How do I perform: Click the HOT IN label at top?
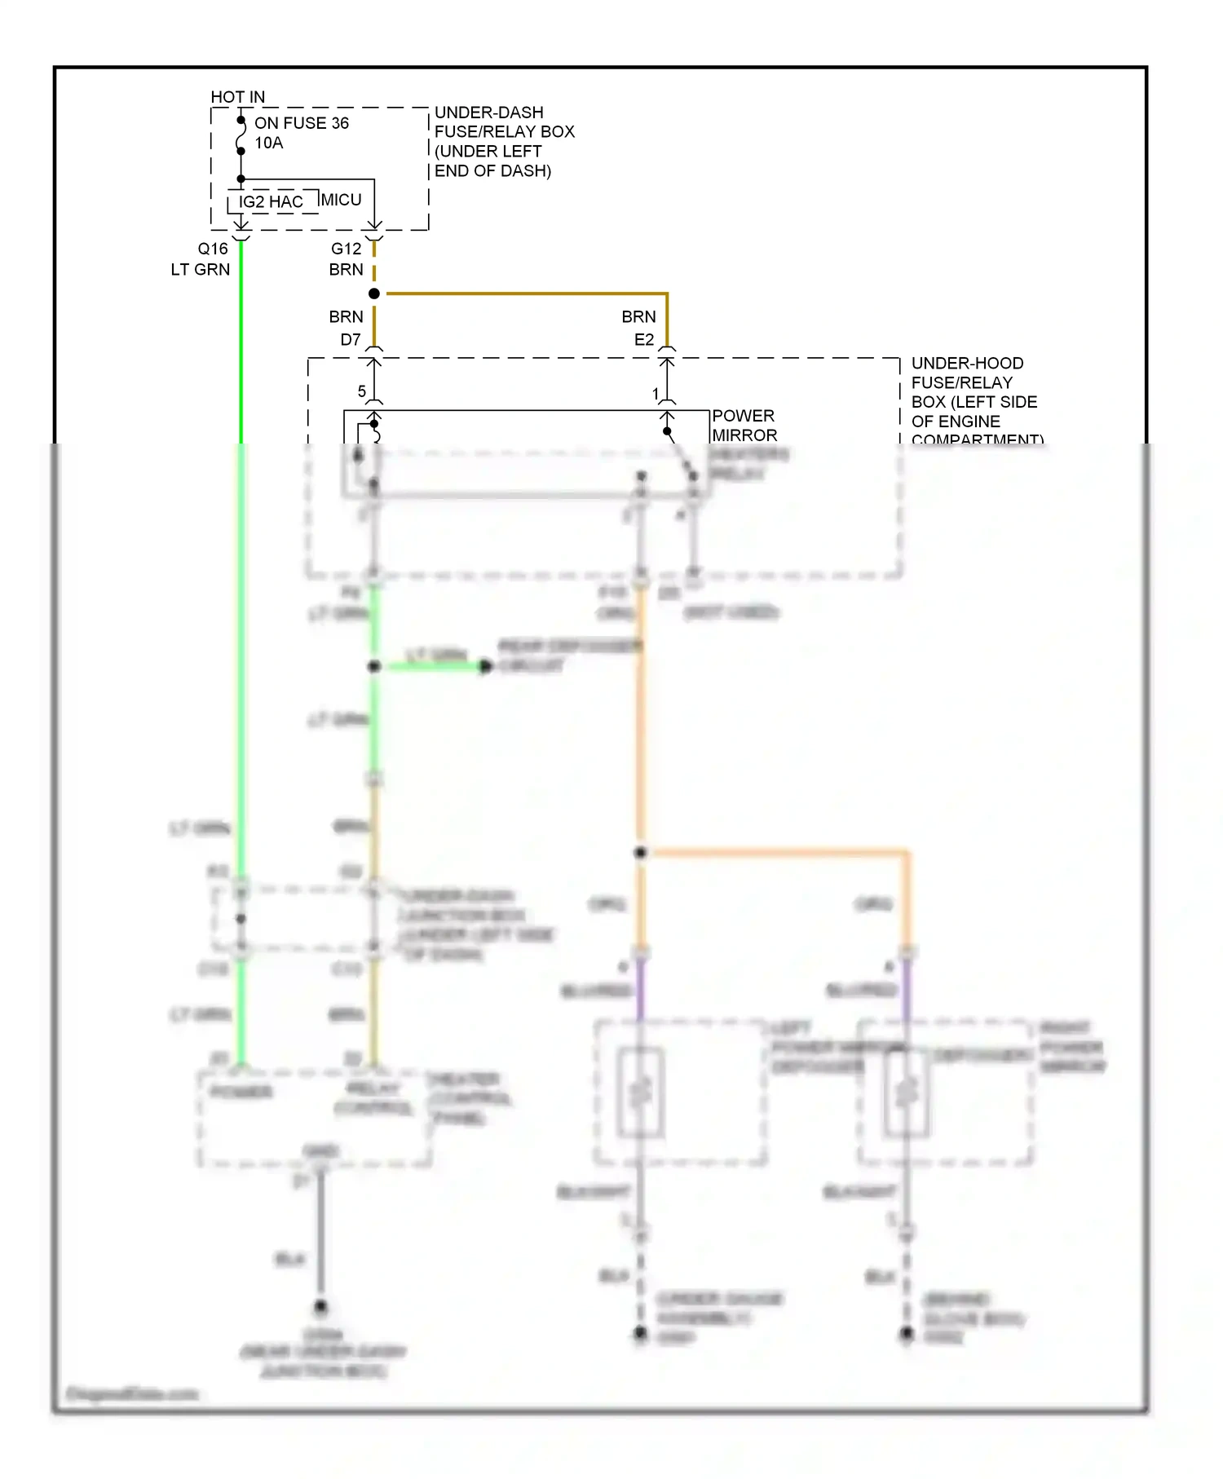coord(237,97)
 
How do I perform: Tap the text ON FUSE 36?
coord(301,123)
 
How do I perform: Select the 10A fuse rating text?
coord(268,143)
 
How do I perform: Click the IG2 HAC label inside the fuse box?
coord(271,202)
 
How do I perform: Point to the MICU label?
coord(341,200)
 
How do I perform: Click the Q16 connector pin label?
coord(213,249)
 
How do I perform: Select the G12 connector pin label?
coord(346,249)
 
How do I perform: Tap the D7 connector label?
coord(351,339)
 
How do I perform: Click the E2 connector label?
coord(644,339)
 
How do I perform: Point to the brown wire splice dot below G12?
coord(374,294)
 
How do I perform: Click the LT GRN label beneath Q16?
coord(201,270)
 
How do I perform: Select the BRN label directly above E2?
coord(638,316)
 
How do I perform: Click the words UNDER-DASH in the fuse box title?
coord(488,113)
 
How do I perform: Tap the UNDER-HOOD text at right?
coord(967,363)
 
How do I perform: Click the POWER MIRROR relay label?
coord(744,426)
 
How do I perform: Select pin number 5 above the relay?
coord(361,391)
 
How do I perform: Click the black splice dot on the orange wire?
coord(641,852)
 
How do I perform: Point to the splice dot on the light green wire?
coord(374,666)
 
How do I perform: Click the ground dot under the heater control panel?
coord(320,1306)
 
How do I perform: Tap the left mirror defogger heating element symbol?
coord(641,1093)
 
